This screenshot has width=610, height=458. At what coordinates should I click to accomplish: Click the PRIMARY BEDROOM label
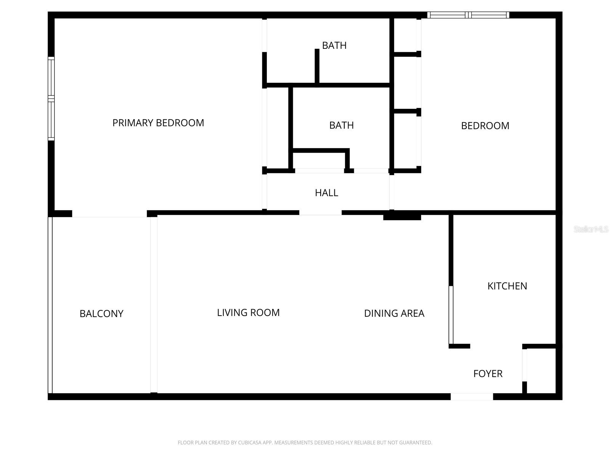click(158, 123)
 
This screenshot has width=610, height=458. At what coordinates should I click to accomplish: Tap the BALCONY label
click(101, 314)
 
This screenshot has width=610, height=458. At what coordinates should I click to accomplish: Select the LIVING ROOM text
click(248, 313)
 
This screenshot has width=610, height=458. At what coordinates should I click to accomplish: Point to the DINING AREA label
click(394, 313)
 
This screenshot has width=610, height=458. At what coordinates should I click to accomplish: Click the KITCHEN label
click(507, 286)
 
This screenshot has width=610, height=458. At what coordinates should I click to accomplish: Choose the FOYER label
click(488, 374)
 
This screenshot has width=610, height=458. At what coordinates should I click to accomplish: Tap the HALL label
click(326, 193)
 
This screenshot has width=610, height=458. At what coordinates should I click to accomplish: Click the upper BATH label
click(334, 45)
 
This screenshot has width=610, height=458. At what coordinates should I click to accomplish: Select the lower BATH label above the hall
click(341, 125)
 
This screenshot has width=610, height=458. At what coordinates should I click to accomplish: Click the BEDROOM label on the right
click(485, 126)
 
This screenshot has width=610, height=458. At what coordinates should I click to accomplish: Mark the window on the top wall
click(468, 15)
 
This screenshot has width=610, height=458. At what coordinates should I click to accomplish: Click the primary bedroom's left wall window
click(51, 98)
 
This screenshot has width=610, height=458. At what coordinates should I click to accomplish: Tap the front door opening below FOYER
click(472, 397)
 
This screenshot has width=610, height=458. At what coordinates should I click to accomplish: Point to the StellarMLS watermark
click(591, 229)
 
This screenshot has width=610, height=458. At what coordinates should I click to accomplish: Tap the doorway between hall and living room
click(320, 213)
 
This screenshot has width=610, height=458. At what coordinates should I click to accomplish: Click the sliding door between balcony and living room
click(154, 305)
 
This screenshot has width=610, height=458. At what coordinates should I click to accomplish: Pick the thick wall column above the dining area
click(402, 217)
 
